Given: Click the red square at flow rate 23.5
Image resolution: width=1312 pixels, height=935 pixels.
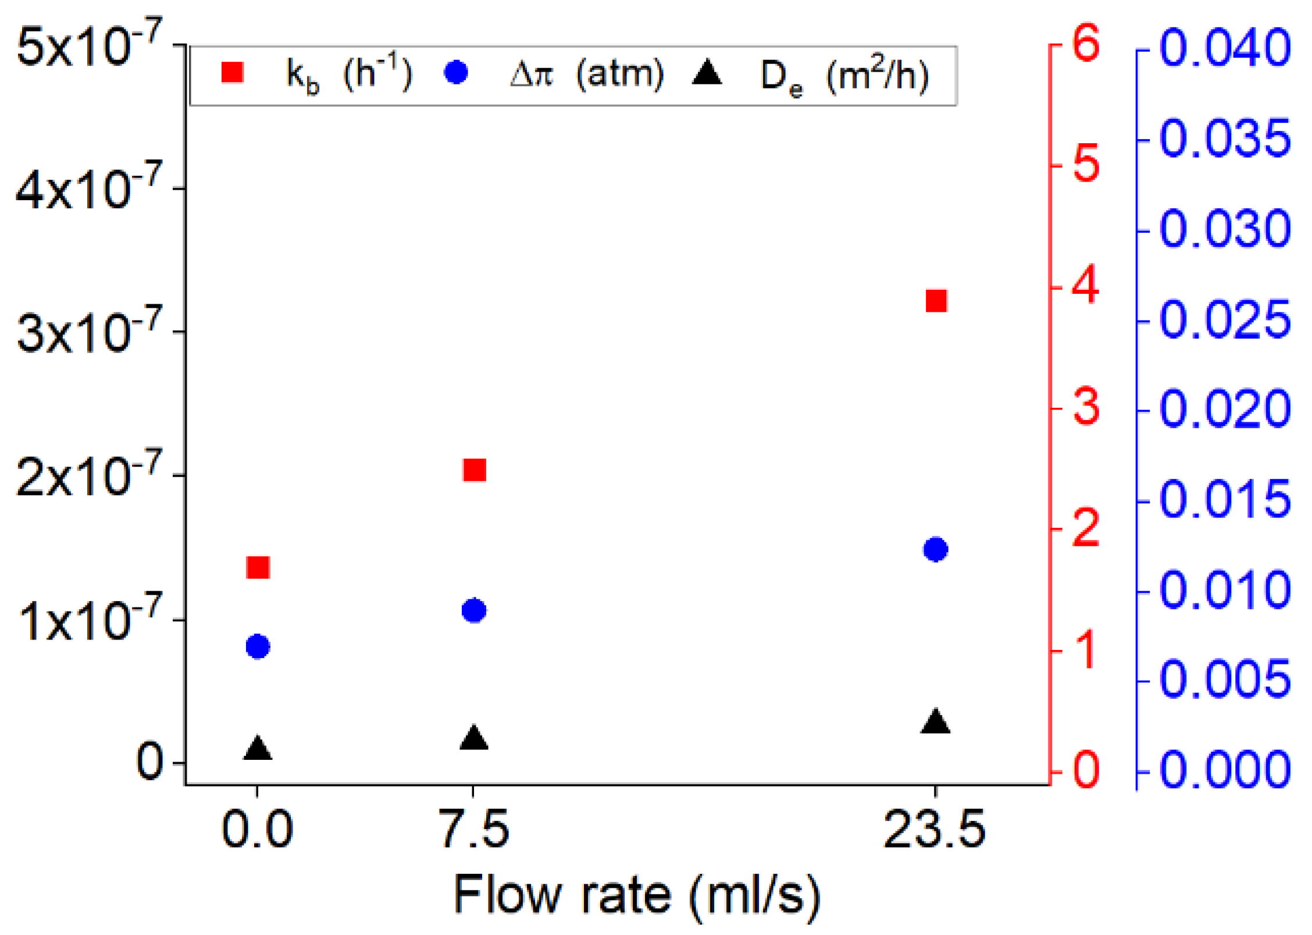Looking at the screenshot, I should point(936,301).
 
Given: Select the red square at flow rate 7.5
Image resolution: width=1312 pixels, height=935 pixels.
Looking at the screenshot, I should point(475,470).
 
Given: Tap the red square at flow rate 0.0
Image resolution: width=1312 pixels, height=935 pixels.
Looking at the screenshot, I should point(258,567).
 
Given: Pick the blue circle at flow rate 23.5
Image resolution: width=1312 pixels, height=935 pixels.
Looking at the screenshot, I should point(936,549).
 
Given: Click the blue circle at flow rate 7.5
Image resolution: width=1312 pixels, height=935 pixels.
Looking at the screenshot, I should point(475,611).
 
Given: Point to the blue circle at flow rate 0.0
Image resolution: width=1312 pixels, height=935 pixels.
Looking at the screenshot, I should point(258,646).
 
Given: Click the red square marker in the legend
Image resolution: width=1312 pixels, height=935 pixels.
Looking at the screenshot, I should point(233,73).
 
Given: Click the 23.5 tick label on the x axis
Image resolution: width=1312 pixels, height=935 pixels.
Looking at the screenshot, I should point(935,830).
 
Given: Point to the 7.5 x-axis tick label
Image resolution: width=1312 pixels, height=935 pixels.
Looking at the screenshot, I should point(474,830).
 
